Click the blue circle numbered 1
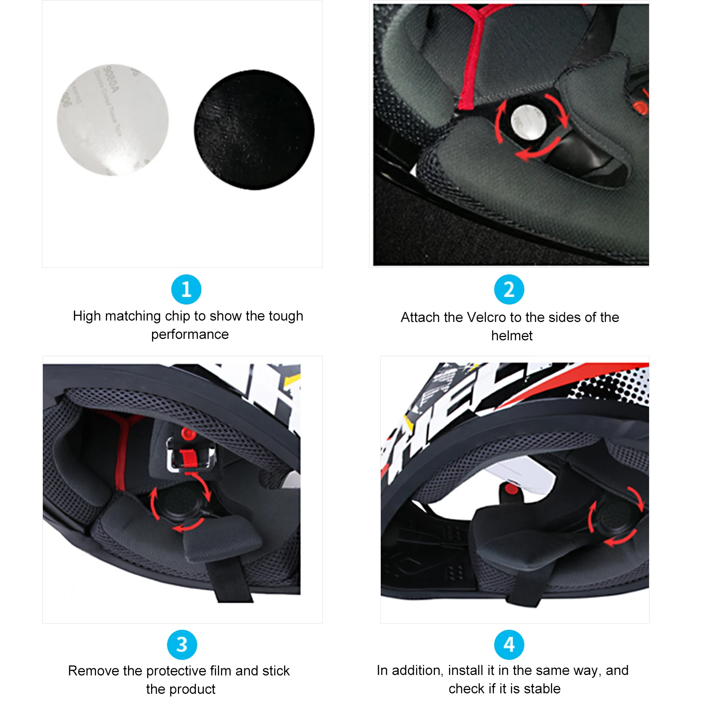(x=186, y=289)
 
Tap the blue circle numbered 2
(x=509, y=289)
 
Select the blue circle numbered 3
(x=182, y=644)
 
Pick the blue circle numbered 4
(x=509, y=644)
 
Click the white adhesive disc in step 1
(x=113, y=120)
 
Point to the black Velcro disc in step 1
(x=254, y=129)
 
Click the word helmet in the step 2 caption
(x=512, y=336)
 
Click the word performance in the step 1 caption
(x=190, y=334)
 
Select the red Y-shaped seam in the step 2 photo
(x=473, y=56)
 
